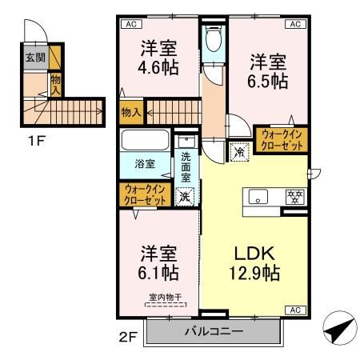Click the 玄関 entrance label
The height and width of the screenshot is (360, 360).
34,58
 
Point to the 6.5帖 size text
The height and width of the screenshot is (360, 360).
267,81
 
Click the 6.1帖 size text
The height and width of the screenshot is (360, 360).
158,273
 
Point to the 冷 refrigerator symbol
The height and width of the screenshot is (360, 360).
239,150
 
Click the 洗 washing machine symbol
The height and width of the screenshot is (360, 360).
185,194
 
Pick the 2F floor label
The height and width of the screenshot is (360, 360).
129,338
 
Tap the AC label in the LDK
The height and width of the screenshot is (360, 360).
294,310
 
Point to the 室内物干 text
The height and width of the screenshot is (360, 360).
164,298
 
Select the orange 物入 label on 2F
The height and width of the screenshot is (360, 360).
130,113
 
